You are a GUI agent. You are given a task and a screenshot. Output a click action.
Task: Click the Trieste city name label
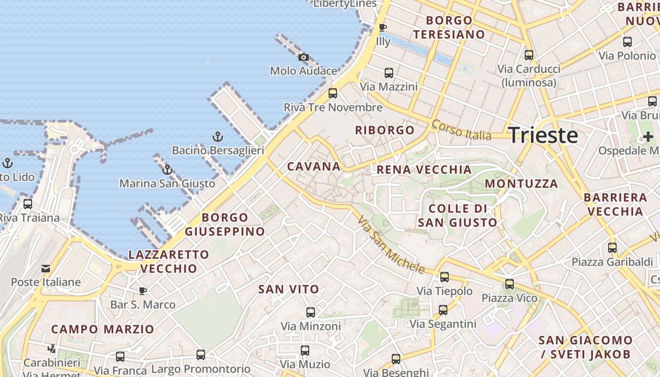[x=543, y=135]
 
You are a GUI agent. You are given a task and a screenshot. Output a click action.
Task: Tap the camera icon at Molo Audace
[x=304, y=57]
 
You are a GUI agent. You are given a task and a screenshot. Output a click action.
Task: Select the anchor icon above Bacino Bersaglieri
[x=217, y=137]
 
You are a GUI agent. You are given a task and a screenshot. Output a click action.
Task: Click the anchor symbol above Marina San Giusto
[x=167, y=170]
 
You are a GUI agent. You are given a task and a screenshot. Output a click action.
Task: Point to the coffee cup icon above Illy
[x=383, y=28]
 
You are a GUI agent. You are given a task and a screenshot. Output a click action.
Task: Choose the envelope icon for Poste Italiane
[x=46, y=269]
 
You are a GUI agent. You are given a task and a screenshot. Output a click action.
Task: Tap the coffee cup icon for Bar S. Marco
[x=142, y=290]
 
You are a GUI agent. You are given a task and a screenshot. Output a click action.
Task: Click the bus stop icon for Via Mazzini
[x=388, y=73]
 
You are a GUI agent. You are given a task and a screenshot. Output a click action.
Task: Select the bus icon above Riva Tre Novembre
[x=333, y=93]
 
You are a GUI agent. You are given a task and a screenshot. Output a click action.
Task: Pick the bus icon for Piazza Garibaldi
[x=612, y=247]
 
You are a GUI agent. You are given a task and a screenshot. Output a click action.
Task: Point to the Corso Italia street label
[x=461, y=130]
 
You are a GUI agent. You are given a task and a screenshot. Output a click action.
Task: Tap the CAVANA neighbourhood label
[x=313, y=166]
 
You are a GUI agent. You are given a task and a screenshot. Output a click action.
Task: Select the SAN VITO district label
[x=289, y=289]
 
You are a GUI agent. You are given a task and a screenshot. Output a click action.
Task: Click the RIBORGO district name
[x=385, y=130]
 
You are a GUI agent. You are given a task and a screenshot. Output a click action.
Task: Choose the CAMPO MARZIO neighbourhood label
[x=102, y=329]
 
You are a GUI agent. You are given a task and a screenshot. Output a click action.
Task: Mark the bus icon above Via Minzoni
[x=310, y=312]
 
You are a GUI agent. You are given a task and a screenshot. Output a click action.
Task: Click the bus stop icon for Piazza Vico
[x=509, y=284]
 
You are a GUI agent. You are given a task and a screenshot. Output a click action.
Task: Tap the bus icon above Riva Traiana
[x=28, y=204]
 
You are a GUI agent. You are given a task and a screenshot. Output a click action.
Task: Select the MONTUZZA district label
[x=521, y=183]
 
